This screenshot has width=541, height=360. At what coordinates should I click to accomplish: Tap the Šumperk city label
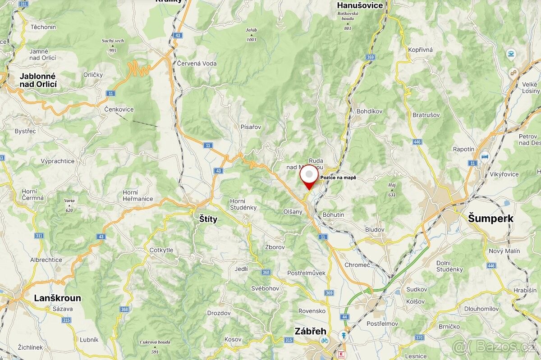(x=491, y=219)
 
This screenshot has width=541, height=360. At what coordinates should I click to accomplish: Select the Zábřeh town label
(x=310, y=331)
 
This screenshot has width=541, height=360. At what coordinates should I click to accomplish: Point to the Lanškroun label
(x=58, y=298)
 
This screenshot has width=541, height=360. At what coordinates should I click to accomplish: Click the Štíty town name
(x=208, y=219)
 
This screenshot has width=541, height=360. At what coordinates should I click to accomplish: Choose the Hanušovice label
(x=360, y=5)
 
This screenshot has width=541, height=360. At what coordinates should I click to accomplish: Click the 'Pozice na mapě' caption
(x=338, y=178)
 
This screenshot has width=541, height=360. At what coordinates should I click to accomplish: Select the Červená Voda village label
(x=197, y=64)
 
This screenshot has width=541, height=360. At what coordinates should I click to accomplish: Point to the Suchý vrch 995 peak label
(x=113, y=46)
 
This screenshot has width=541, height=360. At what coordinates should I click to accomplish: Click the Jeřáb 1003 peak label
(x=251, y=35)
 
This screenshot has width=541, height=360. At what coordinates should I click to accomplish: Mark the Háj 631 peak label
(x=391, y=190)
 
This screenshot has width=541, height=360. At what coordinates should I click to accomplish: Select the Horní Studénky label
(x=243, y=204)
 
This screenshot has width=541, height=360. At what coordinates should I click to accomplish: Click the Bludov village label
(x=375, y=229)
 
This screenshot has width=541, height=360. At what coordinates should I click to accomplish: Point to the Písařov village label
(x=251, y=127)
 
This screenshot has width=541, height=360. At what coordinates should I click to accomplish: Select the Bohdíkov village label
(x=369, y=111)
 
